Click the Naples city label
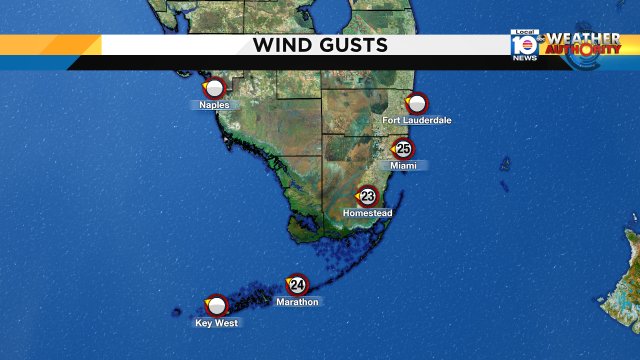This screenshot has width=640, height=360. (x=214, y=105)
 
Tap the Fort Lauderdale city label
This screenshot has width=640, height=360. (x=417, y=120)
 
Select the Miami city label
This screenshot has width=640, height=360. (x=403, y=165)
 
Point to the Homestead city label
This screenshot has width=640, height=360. (x=367, y=213)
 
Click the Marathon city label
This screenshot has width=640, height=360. (x=297, y=302)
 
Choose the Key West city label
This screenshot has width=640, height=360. (x=217, y=323)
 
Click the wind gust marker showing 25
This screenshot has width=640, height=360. (x=402, y=148)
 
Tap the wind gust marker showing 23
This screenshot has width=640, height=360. (x=367, y=196)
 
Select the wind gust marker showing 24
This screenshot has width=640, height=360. (x=297, y=285)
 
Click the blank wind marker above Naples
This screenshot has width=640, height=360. (x=213, y=88)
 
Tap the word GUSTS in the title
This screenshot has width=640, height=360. (x=351, y=45)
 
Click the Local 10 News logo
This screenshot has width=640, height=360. (x=524, y=46)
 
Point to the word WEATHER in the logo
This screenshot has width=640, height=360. (x=582, y=39)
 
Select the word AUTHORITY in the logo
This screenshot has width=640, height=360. (x=584, y=50)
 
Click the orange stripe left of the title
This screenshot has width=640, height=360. (x=50, y=45)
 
